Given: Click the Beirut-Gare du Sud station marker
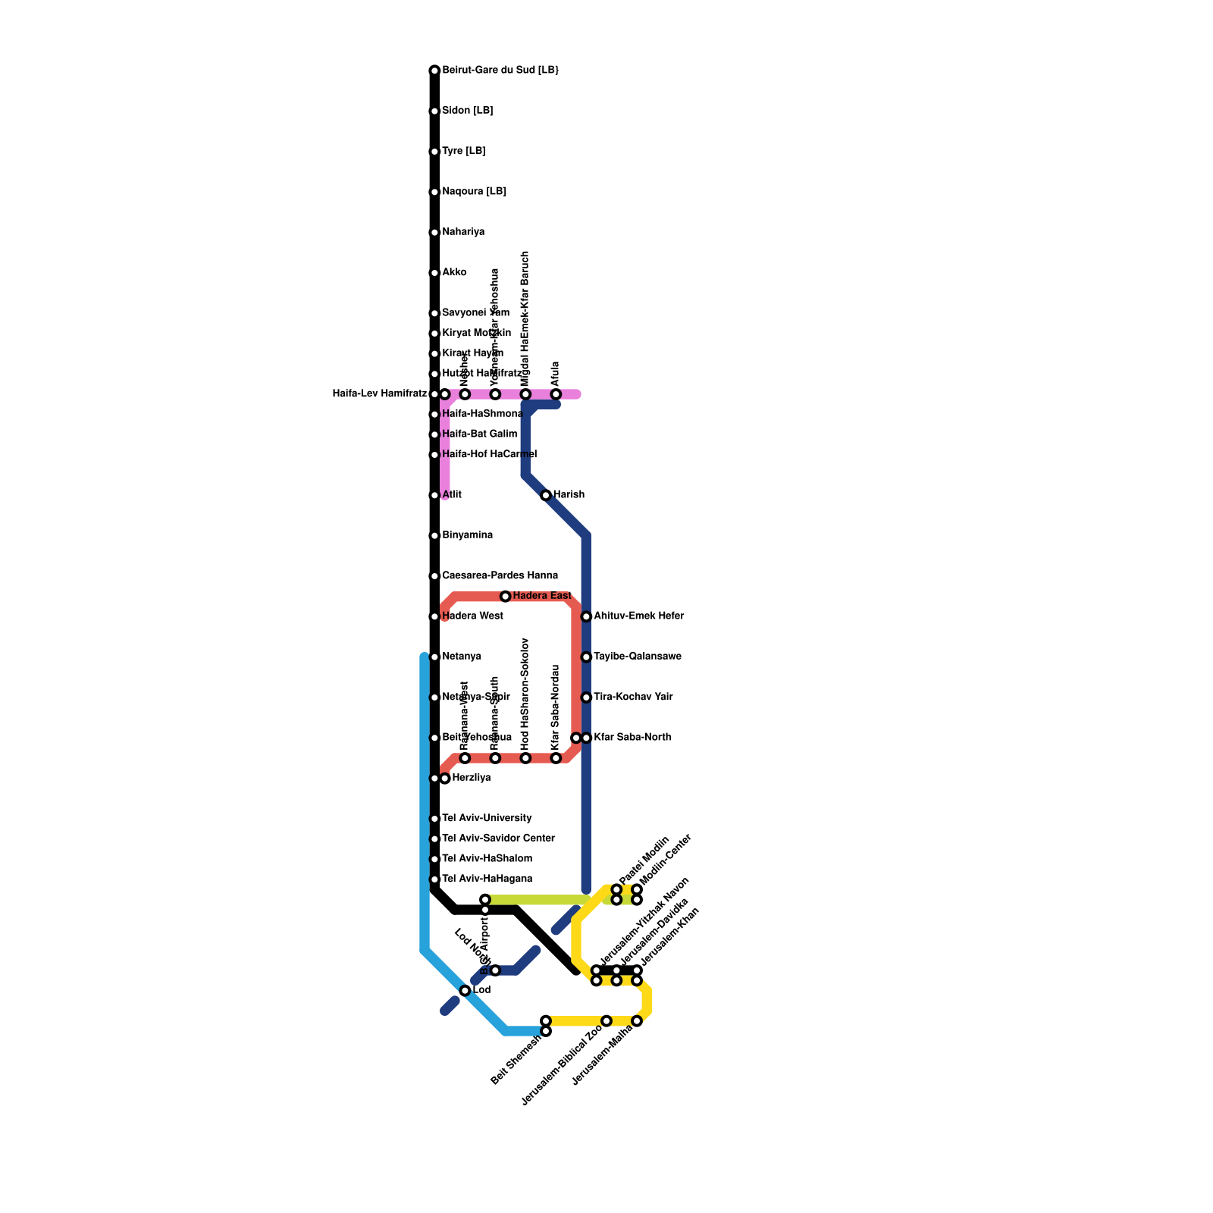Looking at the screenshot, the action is pos(434,71).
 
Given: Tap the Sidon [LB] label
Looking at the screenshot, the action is pos(467,111).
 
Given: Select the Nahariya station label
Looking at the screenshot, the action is pos(462,232).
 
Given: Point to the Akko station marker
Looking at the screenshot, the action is pos(434,273).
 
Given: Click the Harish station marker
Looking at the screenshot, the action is pos(546,495).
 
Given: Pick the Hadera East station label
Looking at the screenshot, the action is pos(541,596).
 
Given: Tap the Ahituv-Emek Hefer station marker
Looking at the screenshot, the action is pos(586,616).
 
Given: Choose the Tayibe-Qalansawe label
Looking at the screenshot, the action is pos(637,657).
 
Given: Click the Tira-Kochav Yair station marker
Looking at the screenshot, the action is pos(586,697).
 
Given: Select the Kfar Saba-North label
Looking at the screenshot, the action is pos(632,737).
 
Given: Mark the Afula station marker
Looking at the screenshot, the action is pos(556,394).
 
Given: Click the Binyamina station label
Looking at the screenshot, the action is pos(467,535).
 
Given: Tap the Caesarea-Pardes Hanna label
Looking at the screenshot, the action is pos(500,575).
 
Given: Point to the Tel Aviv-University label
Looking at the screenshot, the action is pos(487,818).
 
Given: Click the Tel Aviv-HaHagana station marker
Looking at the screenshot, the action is pos(434,879).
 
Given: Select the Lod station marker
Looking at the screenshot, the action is pos(465,991).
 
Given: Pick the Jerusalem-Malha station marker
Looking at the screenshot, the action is pos(637,1021).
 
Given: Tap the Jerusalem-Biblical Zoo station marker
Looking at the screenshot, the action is pos(606,1021).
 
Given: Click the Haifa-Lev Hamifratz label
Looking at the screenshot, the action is pos(380,393).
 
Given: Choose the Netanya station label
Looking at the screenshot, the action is pos(461,657).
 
